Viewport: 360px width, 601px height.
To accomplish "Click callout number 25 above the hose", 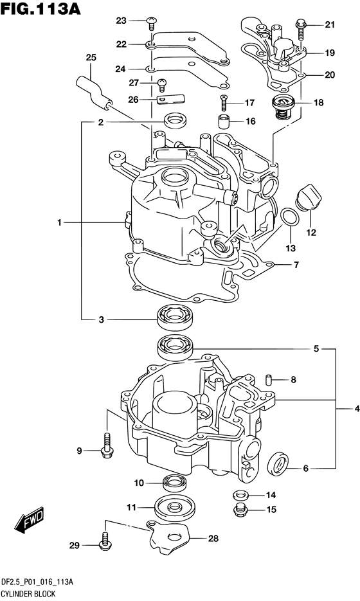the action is click(x=91, y=57).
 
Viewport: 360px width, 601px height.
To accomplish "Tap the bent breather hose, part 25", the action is click(x=94, y=92).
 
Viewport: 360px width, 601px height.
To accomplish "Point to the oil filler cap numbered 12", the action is click(x=308, y=197).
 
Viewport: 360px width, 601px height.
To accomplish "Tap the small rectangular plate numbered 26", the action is click(x=170, y=99).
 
